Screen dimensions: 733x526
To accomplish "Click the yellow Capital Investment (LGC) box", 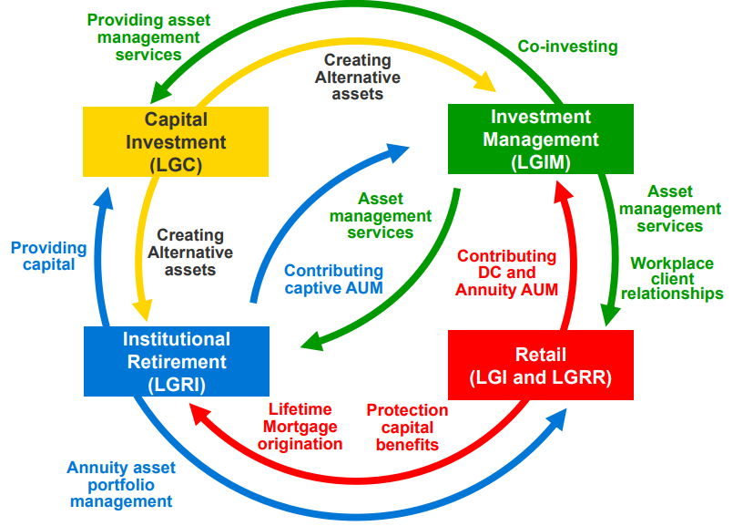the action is tap(176, 142).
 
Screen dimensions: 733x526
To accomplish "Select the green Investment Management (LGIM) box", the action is tap(541, 139).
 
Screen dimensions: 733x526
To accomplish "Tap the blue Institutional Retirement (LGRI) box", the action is tap(177, 361).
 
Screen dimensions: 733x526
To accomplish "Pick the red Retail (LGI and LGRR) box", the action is tap(541, 365).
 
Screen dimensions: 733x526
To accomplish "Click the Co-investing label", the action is tap(567, 46).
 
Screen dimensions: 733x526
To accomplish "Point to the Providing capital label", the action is tap(48, 255).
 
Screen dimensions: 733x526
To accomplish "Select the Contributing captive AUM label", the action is tap(334, 279).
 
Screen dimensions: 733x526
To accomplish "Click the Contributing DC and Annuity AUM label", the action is tap(507, 273).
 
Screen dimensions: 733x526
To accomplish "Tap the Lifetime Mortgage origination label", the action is tap(300, 427).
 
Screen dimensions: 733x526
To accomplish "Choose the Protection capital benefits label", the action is tap(407, 428).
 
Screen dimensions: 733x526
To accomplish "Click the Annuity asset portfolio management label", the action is tap(121, 484).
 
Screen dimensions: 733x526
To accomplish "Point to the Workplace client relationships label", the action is tap(672, 278).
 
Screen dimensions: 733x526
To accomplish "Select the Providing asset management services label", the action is tap(148, 37).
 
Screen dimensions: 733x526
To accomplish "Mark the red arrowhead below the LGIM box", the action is tap(563, 191).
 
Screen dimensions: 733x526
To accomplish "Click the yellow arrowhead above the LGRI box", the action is tap(144, 309).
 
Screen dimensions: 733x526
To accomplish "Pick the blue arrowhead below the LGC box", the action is tap(103, 199).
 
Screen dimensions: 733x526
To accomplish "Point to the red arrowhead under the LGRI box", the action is tap(200, 414).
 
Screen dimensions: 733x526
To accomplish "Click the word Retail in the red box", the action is tap(540, 355).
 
